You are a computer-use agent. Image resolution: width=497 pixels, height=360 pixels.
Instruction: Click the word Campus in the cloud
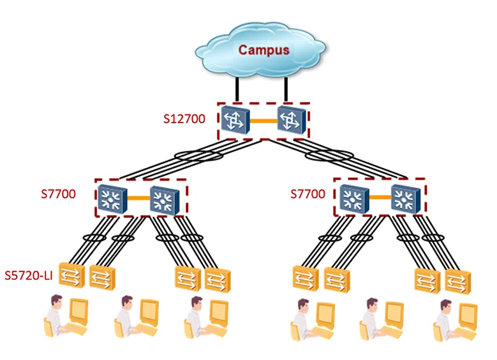[x=263, y=49]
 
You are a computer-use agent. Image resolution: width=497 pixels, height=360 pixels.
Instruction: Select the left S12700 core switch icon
[x=233, y=120]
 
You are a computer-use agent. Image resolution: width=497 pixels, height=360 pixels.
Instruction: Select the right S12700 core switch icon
[x=290, y=120]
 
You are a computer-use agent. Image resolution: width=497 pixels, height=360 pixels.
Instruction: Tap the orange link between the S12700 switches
[x=262, y=120]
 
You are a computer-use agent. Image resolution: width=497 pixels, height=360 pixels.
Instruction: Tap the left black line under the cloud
[x=237, y=89]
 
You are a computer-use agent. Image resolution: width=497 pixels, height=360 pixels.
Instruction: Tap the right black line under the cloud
[x=286, y=89]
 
